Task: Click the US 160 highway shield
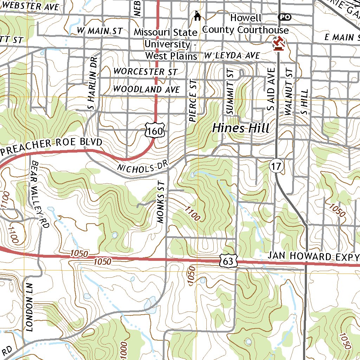click(155, 131)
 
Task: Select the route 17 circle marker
click(277, 167)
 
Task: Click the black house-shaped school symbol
click(198, 15)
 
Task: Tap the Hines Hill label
click(241, 128)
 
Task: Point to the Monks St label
click(161, 202)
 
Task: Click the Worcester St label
click(145, 71)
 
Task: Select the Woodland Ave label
click(146, 89)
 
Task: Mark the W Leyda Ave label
click(232, 56)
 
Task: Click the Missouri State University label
click(171, 44)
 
